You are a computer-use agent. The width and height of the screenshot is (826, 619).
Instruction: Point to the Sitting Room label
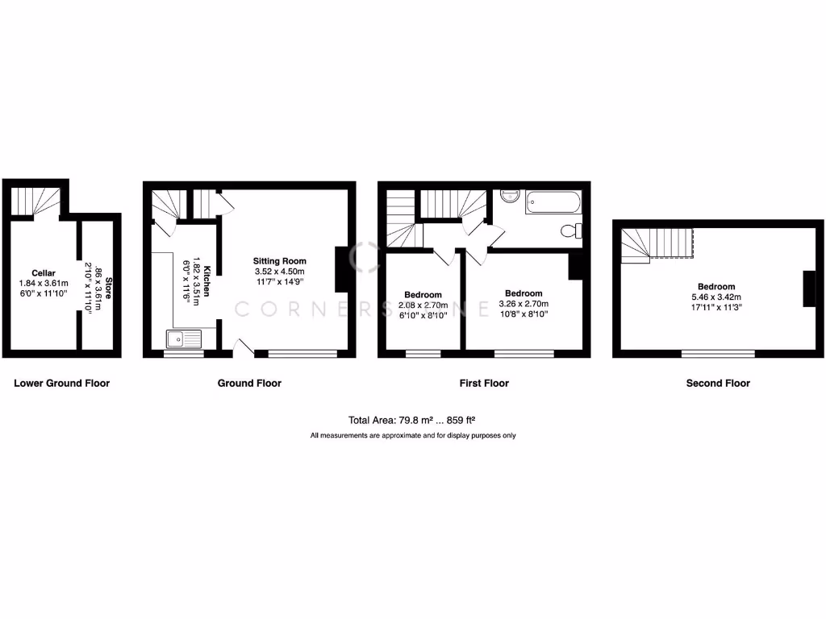point(280,261)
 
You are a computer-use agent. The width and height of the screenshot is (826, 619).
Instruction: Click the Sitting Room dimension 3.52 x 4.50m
point(280,272)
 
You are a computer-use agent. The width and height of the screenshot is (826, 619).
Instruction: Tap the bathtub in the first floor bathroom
point(553,201)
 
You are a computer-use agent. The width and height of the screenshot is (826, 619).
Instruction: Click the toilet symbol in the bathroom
point(571,231)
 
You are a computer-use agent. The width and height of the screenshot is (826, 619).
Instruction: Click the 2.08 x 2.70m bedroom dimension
point(423,306)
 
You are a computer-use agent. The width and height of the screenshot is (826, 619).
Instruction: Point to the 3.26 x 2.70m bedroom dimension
point(524,305)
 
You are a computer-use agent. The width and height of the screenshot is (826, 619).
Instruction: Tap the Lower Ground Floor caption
point(62,384)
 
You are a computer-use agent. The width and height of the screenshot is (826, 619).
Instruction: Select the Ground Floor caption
point(249,384)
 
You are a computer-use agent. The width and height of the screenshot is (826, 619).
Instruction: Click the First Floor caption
point(484,384)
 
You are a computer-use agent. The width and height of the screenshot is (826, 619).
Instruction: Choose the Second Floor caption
point(718,384)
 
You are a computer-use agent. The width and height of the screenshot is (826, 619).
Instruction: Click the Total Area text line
point(412,420)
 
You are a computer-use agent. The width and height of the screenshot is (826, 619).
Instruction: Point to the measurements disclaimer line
point(413,436)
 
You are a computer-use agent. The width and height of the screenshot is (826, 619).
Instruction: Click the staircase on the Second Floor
point(657,243)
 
